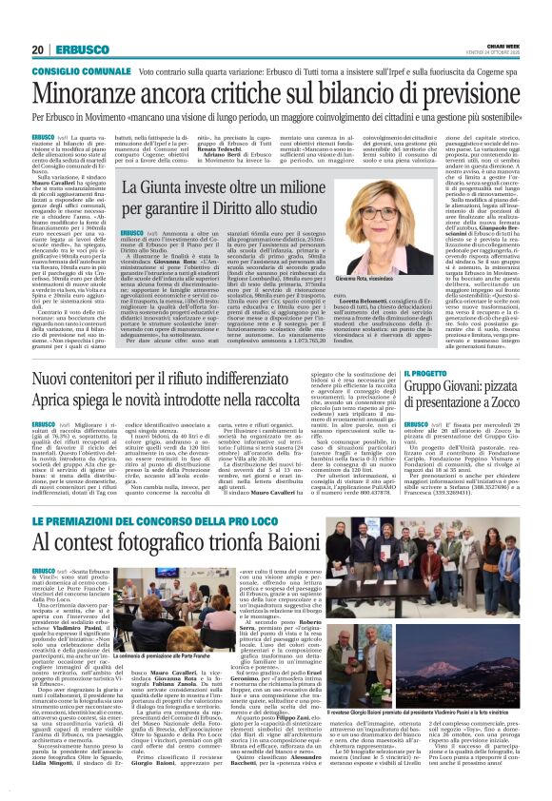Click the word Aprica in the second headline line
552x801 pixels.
coord(57,406)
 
